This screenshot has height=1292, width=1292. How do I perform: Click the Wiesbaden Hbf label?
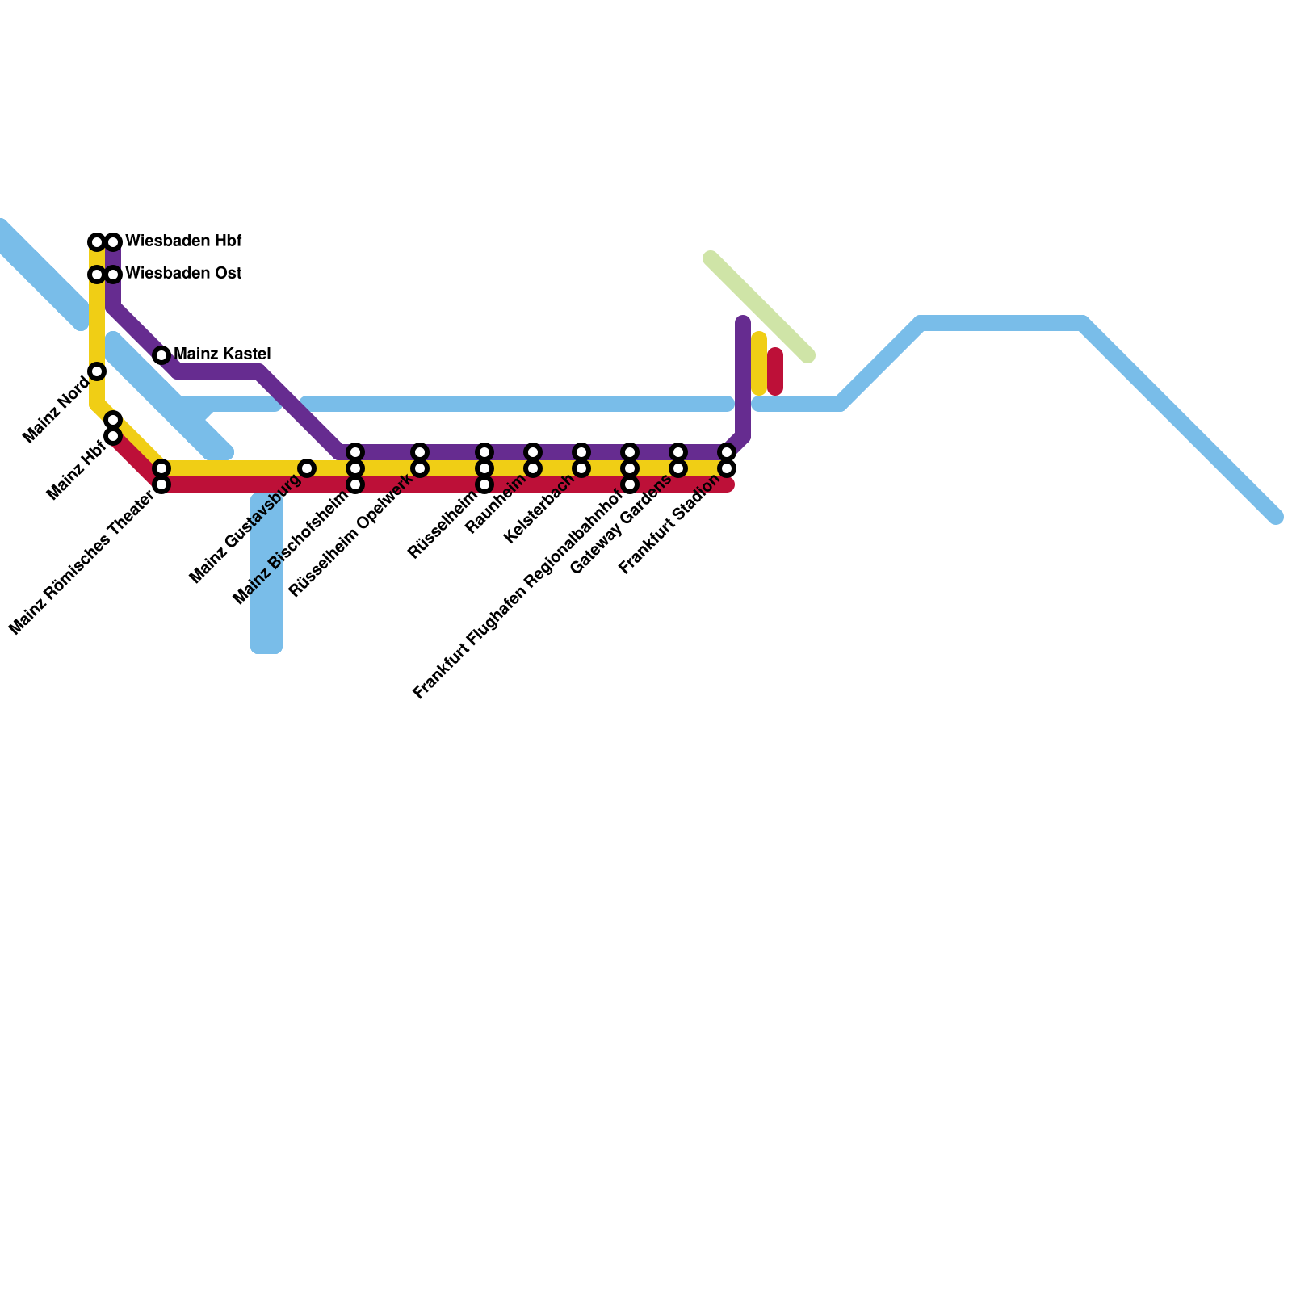pyautogui.click(x=183, y=241)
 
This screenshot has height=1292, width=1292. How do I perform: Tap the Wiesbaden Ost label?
pyautogui.click(x=183, y=274)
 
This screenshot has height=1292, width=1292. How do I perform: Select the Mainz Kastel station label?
pyautogui.click(x=222, y=354)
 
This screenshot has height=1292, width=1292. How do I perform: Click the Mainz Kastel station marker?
pyautogui.click(x=161, y=355)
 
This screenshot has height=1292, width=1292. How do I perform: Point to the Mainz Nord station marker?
pyautogui.click(x=97, y=371)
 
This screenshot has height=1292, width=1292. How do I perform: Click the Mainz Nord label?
pyautogui.click(x=56, y=409)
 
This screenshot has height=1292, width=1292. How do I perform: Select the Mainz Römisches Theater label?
pyautogui.click(x=82, y=562)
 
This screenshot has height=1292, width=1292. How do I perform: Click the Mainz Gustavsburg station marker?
pyautogui.click(x=307, y=468)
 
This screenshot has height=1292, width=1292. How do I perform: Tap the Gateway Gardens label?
pyautogui.click(x=620, y=524)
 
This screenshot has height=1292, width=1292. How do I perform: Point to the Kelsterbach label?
pyautogui.click(x=538, y=508)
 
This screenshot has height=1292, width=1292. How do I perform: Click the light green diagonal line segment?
pyautogui.click(x=759, y=307)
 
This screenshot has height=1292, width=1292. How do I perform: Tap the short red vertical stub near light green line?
pyautogui.click(x=775, y=371)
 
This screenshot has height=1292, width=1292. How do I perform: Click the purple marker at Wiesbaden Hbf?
pyautogui.click(x=113, y=242)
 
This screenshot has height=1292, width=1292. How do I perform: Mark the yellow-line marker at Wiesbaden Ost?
pyautogui.click(x=97, y=275)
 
